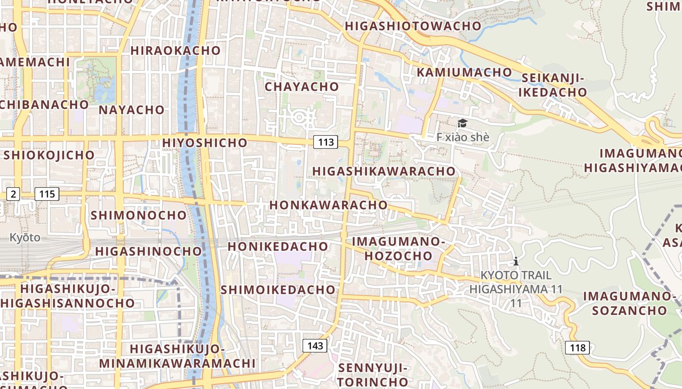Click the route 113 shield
[325, 142]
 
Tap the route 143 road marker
[315, 346]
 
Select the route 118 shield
[577, 348]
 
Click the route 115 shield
[47, 194]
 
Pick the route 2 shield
[13, 194]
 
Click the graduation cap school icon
[462, 124]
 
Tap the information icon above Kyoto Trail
[516, 261]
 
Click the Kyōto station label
[25, 238]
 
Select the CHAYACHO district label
[302, 87]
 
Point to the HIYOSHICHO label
[205, 142]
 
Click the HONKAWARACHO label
[328, 205]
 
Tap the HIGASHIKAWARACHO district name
[384, 171]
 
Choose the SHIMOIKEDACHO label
[278, 290]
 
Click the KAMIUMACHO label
[464, 72]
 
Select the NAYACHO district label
[132, 109]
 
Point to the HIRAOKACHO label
[175, 50]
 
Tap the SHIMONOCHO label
[138, 214]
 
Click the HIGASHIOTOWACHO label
[413, 26]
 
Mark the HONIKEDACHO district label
[278, 247]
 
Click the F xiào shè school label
[462, 137]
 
